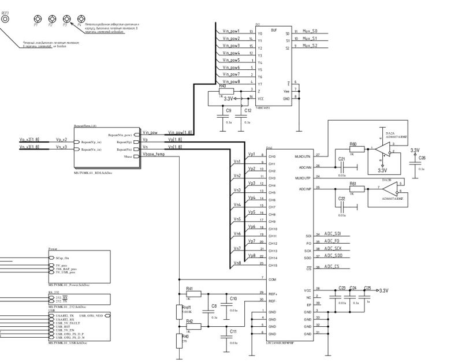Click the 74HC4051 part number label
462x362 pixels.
pyautogui.click(x=263, y=108)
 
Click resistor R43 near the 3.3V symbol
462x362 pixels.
pyautogui.click(x=227, y=92)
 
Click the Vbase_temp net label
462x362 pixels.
pyautogui.click(x=155, y=155)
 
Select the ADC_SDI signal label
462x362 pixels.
pyautogui.click(x=333, y=233)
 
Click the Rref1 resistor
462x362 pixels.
pyautogui.click(x=179, y=312)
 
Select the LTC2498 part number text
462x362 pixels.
pyautogui.click(x=280, y=343)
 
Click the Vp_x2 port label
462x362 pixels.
pyautogui.click(x=62, y=140)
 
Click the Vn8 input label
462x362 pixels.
pyautogui.click(x=237, y=263)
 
